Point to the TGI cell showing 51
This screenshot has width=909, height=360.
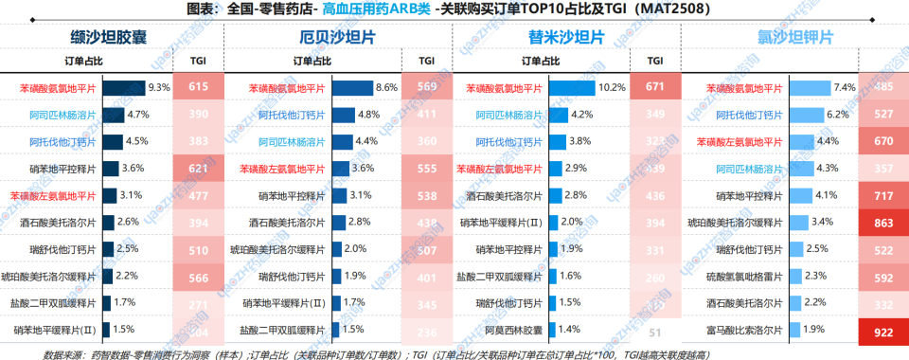654,333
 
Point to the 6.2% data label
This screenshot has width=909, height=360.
838,115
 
